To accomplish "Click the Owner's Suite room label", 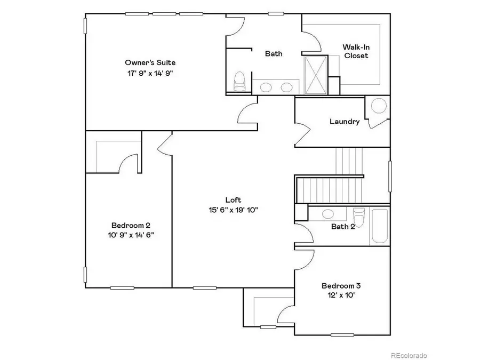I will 150,62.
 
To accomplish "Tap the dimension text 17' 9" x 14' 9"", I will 150,73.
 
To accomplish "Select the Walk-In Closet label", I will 356,51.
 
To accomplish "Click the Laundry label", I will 344,122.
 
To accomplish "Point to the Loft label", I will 233,200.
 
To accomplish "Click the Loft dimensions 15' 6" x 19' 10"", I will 233,210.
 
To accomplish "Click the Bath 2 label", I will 343,227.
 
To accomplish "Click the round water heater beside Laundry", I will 379,106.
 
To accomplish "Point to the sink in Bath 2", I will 327,214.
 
